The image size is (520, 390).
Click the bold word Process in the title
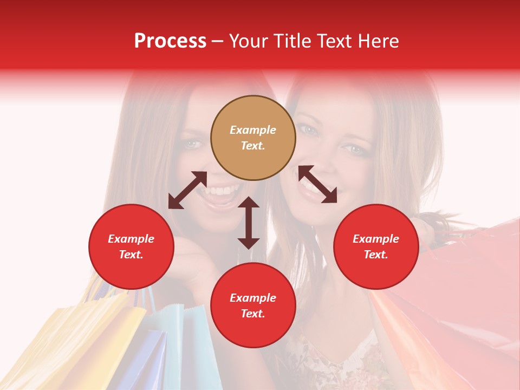(170, 41)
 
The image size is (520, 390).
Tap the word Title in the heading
(292, 41)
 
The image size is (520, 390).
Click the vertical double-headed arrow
(249, 223)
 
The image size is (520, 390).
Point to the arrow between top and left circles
(187, 190)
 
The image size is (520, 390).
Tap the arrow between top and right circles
(317, 184)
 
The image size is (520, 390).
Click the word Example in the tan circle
(253, 130)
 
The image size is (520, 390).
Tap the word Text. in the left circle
(131, 255)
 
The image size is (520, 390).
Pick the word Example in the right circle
(376, 239)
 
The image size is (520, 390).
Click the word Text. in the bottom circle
(253, 314)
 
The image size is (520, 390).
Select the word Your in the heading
(249, 41)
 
